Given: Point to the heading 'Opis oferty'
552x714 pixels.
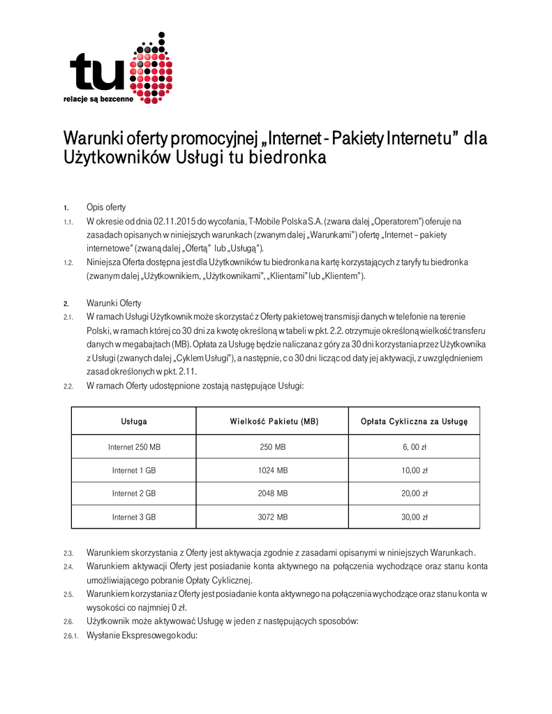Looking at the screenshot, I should pyautogui.click(x=106, y=207).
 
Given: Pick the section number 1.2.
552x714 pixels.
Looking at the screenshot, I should pyautogui.click(x=68, y=262).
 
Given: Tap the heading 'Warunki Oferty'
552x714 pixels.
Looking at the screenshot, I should pyautogui.click(x=114, y=303).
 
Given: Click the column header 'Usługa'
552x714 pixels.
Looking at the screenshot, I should pyautogui.click(x=134, y=421).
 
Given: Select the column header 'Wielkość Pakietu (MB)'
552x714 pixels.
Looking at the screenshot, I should pyautogui.click(x=274, y=421).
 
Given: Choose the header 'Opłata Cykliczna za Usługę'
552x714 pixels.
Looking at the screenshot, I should pyautogui.click(x=415, y=421).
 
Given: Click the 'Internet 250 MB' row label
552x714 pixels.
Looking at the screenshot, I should pyautogui.click(x=134, y=447).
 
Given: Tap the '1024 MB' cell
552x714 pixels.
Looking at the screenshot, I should pyautogui.click(x=274, y=471).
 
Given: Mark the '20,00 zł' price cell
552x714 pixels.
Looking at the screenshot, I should pyautogui.click(x=415, y=494).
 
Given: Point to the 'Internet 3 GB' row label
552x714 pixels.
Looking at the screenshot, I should pyautogui.click(x=134, y=517).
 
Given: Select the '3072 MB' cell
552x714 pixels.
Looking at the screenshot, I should pyautogui.click(x=274, y=517).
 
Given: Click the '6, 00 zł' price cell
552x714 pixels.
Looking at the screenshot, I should pyautogui.click(x=415, y=447).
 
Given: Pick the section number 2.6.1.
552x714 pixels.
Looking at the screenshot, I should pyautogui.click(x=70, y=636).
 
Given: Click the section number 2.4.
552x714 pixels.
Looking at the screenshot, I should pyautogui.click(x=68, y=566).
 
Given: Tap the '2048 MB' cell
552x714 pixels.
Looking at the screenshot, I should pyautogui.click(x=274, y=494).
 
